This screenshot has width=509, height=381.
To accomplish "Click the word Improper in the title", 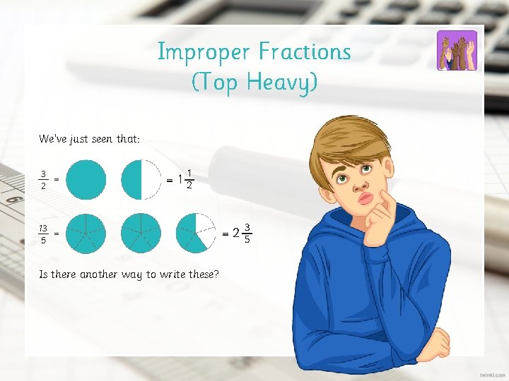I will point(204,52).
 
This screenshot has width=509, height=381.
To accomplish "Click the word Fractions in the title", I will point(305,52).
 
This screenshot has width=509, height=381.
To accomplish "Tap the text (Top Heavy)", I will point(255,83).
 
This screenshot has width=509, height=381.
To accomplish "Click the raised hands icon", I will point(457,50).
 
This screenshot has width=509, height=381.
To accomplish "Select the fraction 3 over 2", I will point(44,180).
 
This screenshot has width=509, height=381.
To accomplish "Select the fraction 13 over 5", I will point(43,234).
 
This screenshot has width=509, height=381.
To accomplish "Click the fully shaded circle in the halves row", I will point(86,180).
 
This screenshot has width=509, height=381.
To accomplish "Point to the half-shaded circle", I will point(141,180).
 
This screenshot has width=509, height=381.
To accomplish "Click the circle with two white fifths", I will point(196,233).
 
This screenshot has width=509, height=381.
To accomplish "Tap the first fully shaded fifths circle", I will point(86,233).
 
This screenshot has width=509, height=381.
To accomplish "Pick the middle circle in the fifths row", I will point(141,233).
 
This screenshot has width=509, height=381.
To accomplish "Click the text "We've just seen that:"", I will point(89,139).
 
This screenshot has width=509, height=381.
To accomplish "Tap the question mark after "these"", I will point(216,274).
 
